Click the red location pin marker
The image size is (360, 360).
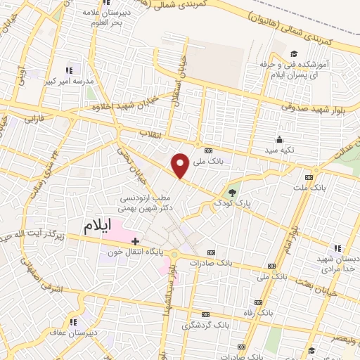(181, 165)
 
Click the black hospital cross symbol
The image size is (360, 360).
(134, 241)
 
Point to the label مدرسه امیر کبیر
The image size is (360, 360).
(69, 81)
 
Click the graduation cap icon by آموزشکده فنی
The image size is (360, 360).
(293, 53)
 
